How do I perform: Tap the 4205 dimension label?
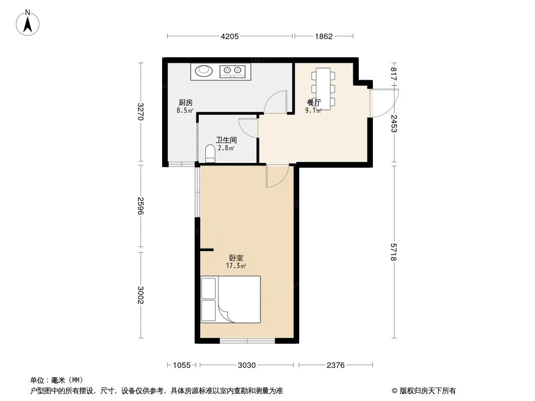tap(230, 36)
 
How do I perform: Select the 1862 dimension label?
tap(324, 36)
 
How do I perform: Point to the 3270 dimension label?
tap(141, 112)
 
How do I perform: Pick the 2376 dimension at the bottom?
tap(336, 365)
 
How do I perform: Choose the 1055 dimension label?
tap(182, 365)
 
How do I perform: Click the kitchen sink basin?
tap(204, 71)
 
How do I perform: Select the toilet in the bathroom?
tap(210, 154)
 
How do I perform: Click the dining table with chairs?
tap(323, 88)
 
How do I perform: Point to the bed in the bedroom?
tap(230, 299)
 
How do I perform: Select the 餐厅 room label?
tap(314, 103)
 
